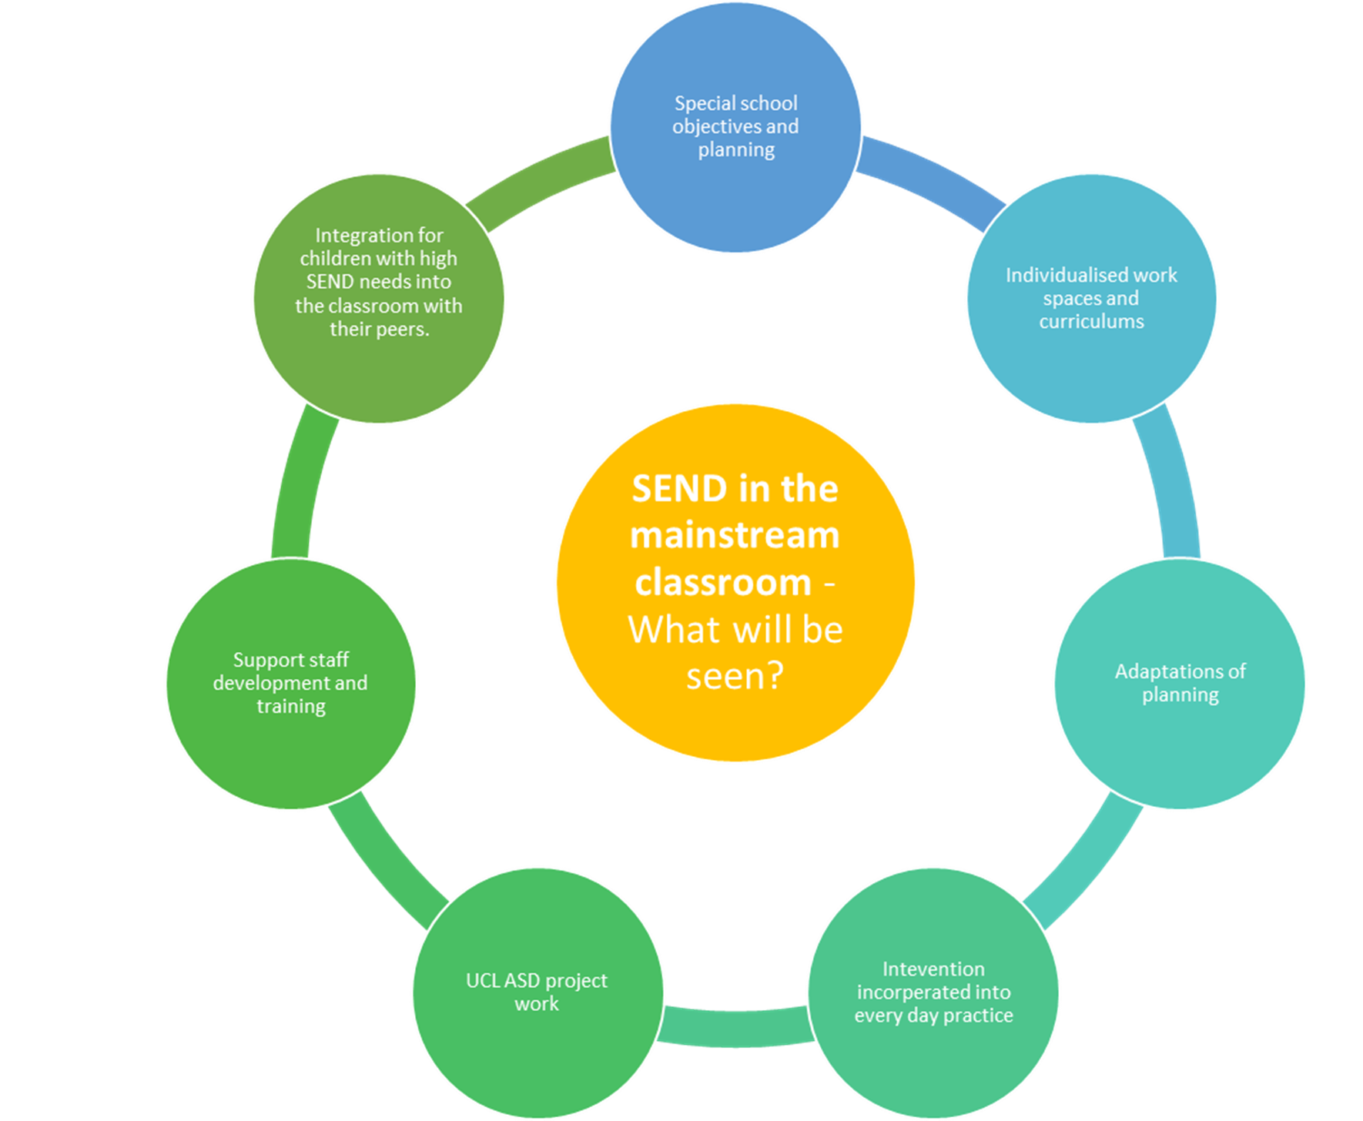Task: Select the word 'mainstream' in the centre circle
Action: (735, 536)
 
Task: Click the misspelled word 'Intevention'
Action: (933, 969)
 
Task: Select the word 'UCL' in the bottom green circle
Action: (483, 981)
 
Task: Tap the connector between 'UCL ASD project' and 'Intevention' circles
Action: (735, 1027)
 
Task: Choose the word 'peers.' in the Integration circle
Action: (401, 330)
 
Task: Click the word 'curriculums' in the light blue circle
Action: (1091, 322)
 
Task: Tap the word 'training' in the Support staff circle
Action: (291, 707)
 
